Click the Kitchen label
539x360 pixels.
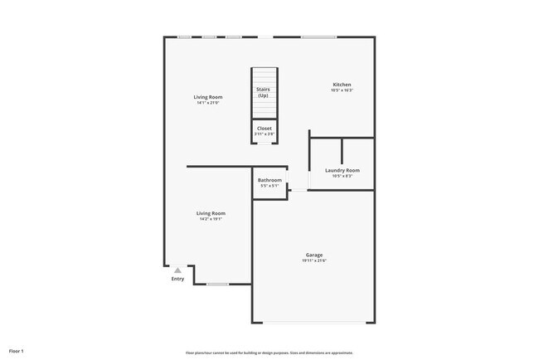click(342, 85)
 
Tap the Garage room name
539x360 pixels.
click(313, 255)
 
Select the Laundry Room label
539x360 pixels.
click(342, 170)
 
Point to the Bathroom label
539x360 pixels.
click(269, 180)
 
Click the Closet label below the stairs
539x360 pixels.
click(264, 129)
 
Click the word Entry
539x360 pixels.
click(177, 279)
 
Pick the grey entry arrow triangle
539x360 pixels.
click(177, 270)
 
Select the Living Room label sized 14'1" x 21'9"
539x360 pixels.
click(208, 97)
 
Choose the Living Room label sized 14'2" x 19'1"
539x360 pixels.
click(211, 213)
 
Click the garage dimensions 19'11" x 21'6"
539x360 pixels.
click(314, 261)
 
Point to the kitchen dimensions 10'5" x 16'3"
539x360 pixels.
click(342, 90)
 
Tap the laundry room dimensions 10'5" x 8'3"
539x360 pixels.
click(342, 176)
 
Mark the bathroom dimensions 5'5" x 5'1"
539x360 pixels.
click(269, 186)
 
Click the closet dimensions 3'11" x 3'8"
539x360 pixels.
click(264, 134)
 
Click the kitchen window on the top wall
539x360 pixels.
click(313, 36)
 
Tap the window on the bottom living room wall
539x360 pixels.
click(217, 285)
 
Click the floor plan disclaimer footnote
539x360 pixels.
click(269, 352)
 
